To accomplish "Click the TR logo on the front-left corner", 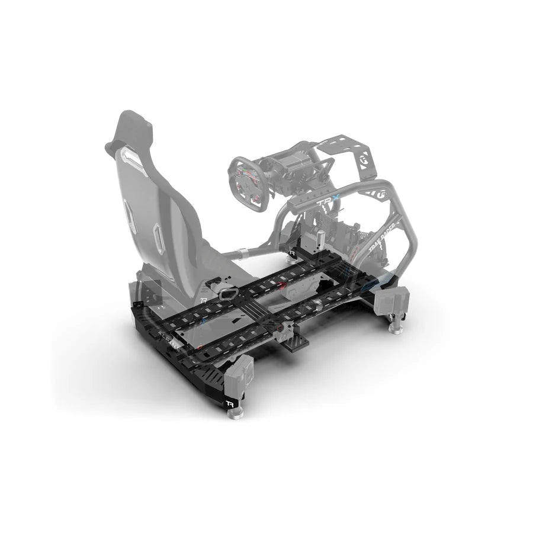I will pos(229,404).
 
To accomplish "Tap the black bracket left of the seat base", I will pos(153,293).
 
